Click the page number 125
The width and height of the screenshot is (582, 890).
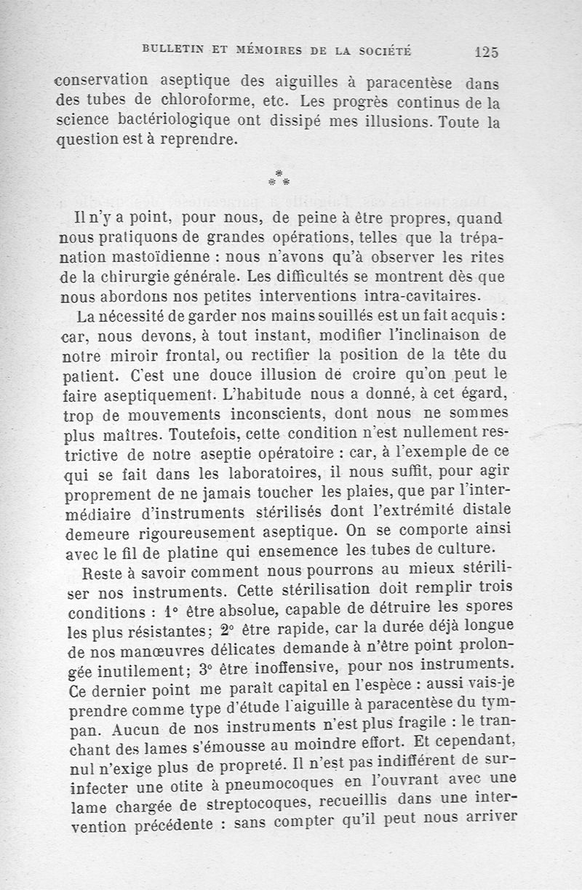pos(485,52)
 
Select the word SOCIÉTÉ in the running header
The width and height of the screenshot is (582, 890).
pos(385,51)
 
